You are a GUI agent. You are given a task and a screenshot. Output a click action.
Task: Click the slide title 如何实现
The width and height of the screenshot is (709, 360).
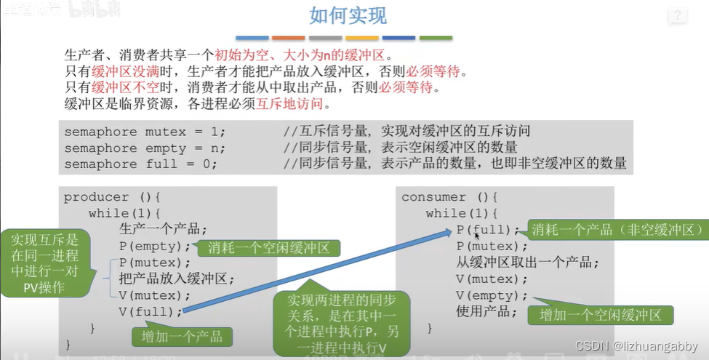[x=348, y=15]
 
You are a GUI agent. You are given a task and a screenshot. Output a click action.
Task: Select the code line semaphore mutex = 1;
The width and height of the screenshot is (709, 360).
[x=145, y=132]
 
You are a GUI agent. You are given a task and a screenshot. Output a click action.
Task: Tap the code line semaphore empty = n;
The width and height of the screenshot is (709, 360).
[x=145, y=148]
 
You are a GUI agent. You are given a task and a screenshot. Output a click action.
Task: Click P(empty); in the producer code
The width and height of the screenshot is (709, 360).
[x=155, y=246]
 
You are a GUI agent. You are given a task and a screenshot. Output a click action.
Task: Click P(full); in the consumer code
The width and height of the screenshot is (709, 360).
[x=489, y=230]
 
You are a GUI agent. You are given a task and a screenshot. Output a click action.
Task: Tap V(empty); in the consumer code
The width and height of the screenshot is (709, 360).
[x=492, y=295]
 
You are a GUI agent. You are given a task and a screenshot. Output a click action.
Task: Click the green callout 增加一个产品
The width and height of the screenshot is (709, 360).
[x=183, y=336]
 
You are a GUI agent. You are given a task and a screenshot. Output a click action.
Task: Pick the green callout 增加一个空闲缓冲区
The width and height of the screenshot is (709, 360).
[x=600, y=315]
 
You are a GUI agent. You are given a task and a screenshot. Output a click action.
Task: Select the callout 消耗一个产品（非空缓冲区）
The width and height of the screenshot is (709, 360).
[x=617, y=230]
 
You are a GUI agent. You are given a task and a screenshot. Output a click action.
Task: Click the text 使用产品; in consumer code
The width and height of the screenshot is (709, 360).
[x=486, y=312]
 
